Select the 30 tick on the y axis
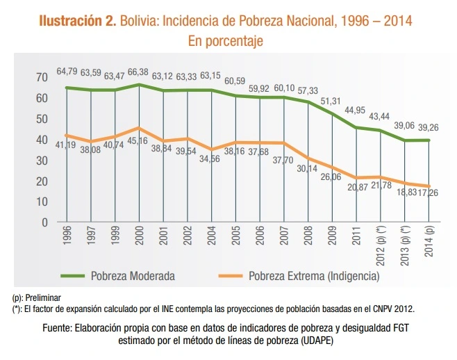(43, 160)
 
